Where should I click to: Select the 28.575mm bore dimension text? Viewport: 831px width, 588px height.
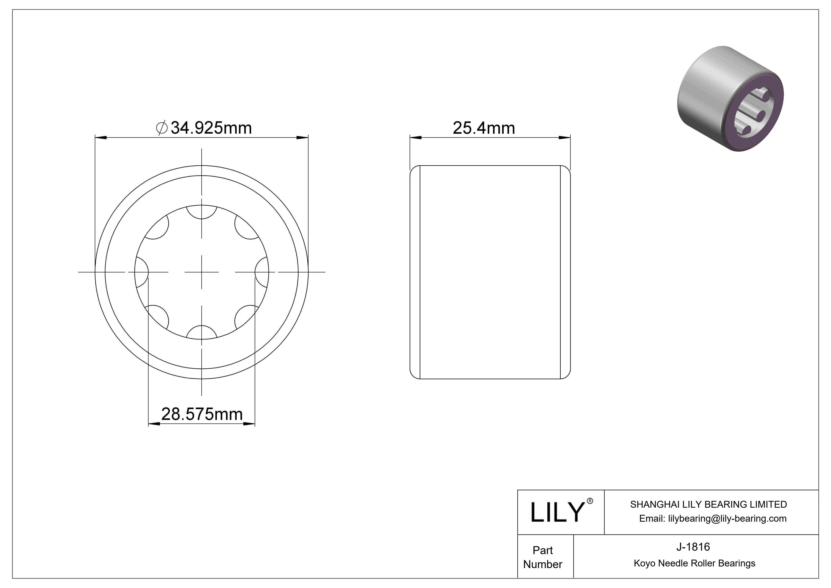click(202, 414)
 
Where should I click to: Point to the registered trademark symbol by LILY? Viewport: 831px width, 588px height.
click(590, 501)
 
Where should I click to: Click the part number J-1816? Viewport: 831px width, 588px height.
click(693, 547)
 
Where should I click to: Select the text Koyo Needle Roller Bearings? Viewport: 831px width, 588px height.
click(694, 563)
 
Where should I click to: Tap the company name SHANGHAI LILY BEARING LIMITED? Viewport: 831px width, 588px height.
click(708, 504)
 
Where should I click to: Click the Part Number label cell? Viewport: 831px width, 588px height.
click(543, 557)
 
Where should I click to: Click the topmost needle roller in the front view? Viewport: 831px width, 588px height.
click(202, 212)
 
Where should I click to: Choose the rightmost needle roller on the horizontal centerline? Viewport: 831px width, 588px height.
click(262, 272)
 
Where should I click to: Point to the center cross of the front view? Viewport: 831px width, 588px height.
click(202, 272)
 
